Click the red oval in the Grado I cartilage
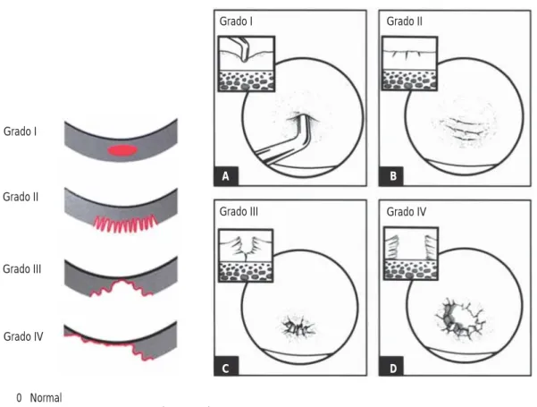122,150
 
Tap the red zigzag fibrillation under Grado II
126,224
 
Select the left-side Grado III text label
22,269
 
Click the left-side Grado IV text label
23,336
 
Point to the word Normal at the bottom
46,398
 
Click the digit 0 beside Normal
19,398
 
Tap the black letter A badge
226,176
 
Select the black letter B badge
391,176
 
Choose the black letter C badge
226,369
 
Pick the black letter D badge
391,369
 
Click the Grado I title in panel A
236,21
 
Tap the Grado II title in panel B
405,21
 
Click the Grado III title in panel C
239,212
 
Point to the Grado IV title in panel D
407,212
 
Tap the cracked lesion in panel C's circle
298,328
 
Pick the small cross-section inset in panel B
409,64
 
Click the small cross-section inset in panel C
246,256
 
